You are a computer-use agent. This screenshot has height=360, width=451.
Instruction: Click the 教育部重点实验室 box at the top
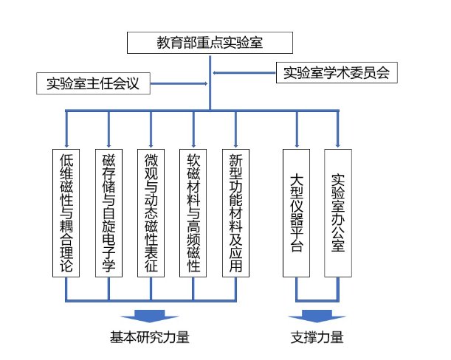tap(211, 43)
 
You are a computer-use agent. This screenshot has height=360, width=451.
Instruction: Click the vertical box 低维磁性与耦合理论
tap(66, 213)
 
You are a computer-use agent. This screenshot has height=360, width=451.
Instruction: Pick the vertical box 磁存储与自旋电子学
tap(109, 213)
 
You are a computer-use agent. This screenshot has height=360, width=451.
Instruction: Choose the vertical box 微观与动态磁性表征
tap(151, 213)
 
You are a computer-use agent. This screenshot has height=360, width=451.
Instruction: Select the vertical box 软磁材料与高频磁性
tap(193, 213)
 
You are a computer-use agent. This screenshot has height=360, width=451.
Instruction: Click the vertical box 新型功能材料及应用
tap(236, 213)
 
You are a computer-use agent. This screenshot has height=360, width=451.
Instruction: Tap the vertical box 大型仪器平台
tap(297, 213)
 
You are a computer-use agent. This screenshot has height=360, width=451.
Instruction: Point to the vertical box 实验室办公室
tap(339, 213)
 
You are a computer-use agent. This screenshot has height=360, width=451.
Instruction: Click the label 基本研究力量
tap(150, 338)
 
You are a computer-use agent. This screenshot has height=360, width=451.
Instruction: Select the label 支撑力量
tap(317, 338)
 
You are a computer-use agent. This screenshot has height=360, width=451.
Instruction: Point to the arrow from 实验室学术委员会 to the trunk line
tap(244, 73)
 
